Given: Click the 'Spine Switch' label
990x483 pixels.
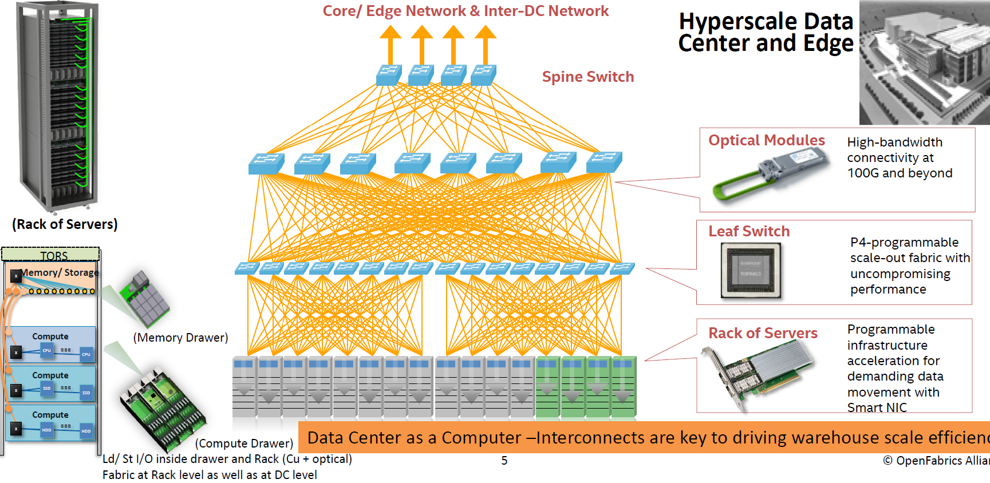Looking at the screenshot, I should coord(587,77).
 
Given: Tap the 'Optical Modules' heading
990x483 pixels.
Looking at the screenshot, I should coord(766,140).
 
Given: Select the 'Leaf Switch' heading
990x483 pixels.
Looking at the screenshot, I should coord(749,231).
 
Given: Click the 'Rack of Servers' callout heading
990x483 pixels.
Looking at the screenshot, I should coord(763,333).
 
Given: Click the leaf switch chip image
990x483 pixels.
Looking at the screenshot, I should coord(751,270).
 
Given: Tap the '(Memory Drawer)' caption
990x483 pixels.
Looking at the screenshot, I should coord(180,338).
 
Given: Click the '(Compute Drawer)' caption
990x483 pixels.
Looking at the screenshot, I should coord(244,444).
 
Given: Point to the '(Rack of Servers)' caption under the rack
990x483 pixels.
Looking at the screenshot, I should coord(65,224).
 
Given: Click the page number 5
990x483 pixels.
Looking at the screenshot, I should coord(504,461).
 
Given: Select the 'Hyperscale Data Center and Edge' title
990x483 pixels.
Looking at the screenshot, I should coord(766,33).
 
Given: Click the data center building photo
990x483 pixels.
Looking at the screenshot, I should coord(924,62).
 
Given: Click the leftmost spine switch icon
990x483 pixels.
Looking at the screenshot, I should coord(389,75).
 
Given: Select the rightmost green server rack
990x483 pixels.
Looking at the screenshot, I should coord(624,387).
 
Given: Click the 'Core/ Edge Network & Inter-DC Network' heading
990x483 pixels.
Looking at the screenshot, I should coord(466,11).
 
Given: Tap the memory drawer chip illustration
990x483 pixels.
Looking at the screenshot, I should coord(145,298).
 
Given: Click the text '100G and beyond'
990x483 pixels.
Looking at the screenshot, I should coord(900,173).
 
